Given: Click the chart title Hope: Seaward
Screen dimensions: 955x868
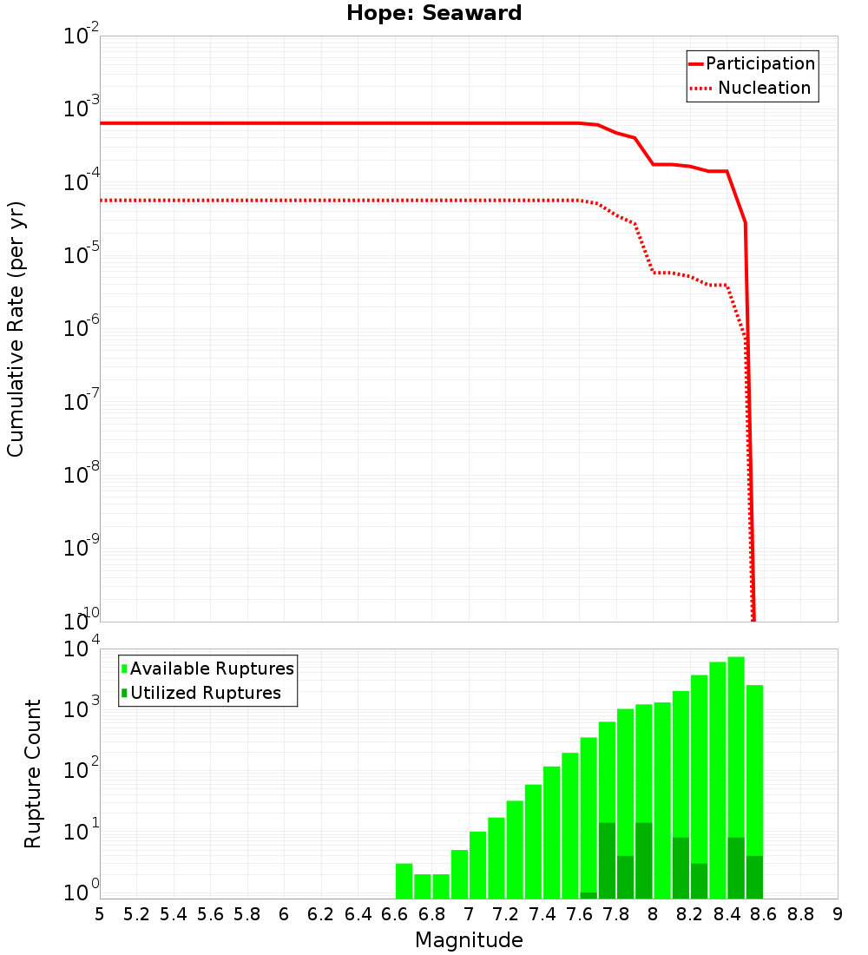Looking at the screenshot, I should point(434,13).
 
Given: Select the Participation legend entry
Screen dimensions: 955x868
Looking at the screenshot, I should point(759,63).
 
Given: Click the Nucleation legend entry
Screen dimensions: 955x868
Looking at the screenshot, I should point(764,88).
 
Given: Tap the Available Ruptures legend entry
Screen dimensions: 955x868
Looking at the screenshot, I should point(212,668).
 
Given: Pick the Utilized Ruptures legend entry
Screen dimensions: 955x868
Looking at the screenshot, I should point(205,693).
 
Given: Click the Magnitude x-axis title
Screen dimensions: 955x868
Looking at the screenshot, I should point(469,940).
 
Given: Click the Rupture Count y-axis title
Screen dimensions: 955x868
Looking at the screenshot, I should point(33,774).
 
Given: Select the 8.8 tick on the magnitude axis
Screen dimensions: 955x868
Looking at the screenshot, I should point(800,914).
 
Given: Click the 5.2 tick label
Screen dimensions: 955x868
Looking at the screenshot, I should point(136,914).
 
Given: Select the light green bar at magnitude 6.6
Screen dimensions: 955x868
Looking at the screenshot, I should point(404,881).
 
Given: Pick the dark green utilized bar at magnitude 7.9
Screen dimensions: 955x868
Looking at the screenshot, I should point(643,860).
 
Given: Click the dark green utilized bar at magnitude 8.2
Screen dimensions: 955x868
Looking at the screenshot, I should point(699,881).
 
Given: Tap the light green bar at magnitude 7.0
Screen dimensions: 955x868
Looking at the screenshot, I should point(477,865).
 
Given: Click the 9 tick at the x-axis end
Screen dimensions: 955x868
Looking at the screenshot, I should point(838,914).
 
